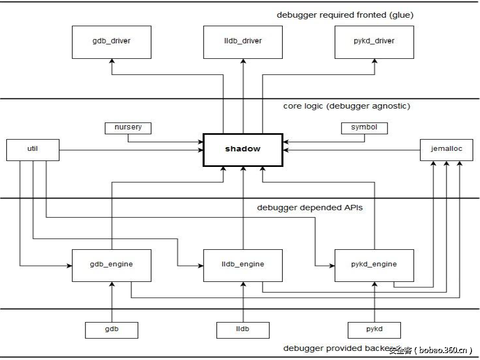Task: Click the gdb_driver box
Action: [x=111, y=41]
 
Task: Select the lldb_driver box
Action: [x=243, y=41]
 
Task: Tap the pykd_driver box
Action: [x=374, y=41]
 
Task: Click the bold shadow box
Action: [x=243, y=149]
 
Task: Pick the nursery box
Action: [x=128, y=128]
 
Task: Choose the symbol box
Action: [x=364, y=128]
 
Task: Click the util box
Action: [x=32, y=149]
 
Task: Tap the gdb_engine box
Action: [x=111, y=265]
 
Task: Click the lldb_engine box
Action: [x=243, y=265]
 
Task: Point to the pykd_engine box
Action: [x=374, y=265]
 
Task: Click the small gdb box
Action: [x=111, y=330]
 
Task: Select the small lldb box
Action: [x=243, y=330]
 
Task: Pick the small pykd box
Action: [x=374, y=330]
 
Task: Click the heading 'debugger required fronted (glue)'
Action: [x=345, y=15]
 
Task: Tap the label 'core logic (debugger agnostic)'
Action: [x=346, y=106]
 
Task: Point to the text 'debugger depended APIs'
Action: [x=309, y=207]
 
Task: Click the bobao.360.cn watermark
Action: [x=431, y=350]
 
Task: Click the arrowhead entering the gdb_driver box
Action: [x=112, y=62]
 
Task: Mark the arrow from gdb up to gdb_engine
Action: [x=112, y=302]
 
